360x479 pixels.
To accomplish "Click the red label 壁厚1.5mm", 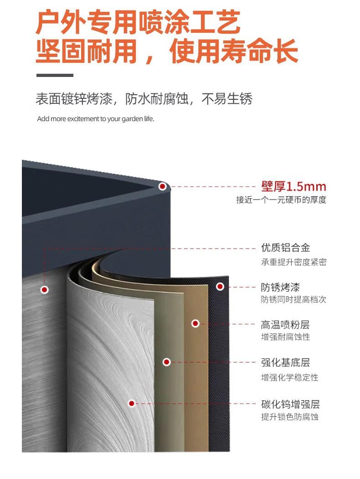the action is pyautogui.click(x=293, y=187).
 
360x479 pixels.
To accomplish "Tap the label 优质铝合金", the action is pyautogui.click(x=285, y=248).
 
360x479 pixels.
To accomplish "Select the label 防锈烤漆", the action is pyautogui.click(x=280, y=287).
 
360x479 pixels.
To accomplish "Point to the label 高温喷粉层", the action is pyautogui.click(x=285, y=325).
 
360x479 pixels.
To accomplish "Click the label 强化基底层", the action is pyautogui.click(x=285, y=363).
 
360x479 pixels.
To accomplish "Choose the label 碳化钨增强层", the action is pyautogui.click(x=290, y=404).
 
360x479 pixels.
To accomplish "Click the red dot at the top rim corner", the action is pyautogui.click(x=162, y=186).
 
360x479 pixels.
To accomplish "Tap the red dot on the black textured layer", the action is pyautogui.click(x=220, y=286).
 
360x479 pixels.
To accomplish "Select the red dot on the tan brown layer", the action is pyautogui.click(x=195, y=323).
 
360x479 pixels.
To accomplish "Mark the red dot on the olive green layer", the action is pyautogui.click(x=167, y=362).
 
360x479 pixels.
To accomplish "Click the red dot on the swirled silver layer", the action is pyautogui.click(x=132, y=403).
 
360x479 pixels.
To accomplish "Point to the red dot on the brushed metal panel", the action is pyautogui.click(x=45, y=290).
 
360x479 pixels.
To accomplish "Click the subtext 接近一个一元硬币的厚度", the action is pyautogui.click(x=281, y=200).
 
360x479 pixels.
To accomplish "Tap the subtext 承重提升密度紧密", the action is pyautogui.click(x=293, y=262).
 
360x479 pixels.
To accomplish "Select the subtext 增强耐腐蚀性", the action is pyautogui.click(x=285, y=337).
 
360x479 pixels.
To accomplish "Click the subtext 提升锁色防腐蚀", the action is pyautogui.click(x=289, y=417).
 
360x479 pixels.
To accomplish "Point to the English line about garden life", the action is pyautogui.click(x=96, y=119).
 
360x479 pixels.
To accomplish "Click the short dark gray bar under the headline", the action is pyautogui.click(x=54, y=75).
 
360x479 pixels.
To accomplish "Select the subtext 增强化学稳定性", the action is pyautogui.click(x=289, y=377).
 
